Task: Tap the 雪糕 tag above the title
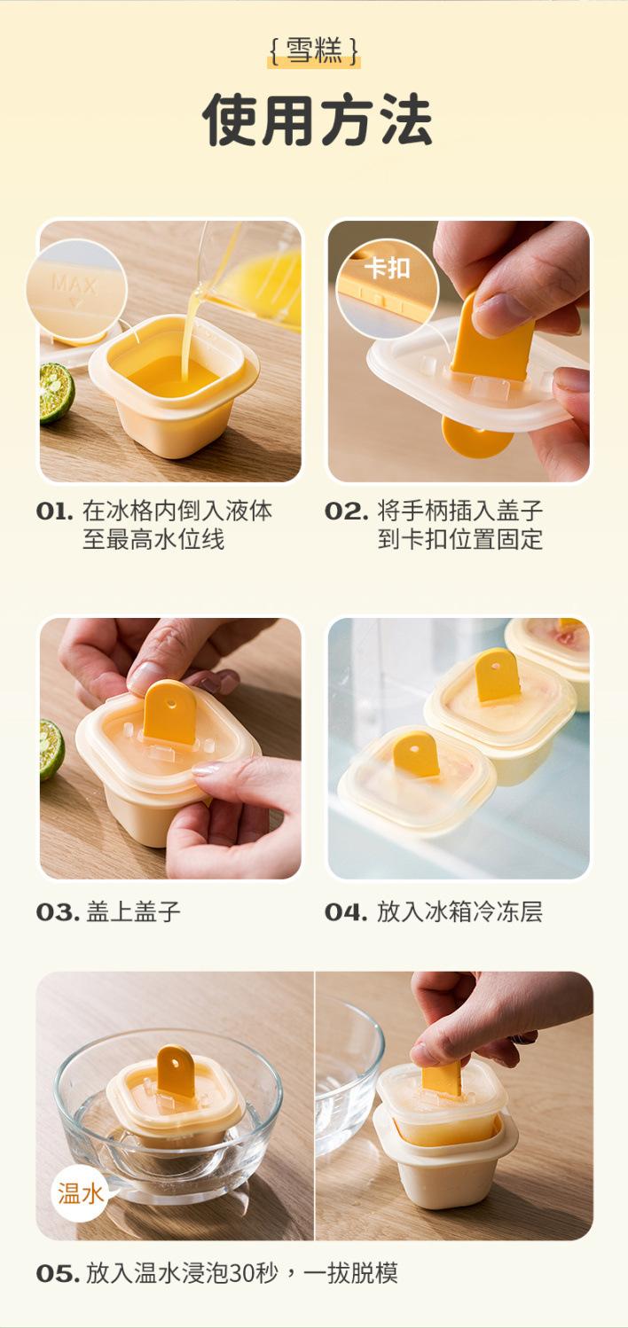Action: (x=314, y=51)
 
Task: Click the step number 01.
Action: (x=55, y=512)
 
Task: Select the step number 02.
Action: (x=346, y=512)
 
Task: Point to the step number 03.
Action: (x=58, y=912)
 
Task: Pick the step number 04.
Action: (x=346, y=912)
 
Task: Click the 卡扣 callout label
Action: (x=388, y=269)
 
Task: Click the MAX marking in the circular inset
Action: (x=75, y=285)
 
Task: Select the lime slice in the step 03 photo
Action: (x=51, y=750)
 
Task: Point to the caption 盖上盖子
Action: (x=133, y=912)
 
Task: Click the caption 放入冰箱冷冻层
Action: (x=459, y=912)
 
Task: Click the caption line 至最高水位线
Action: (x=153, y=540)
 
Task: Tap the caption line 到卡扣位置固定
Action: (x=460, y=540)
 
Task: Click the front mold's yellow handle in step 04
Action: (x=416, y=754)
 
